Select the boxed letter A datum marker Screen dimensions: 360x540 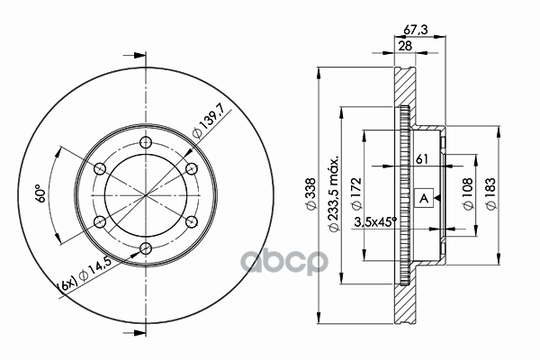tap(424, 197)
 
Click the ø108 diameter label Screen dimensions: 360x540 tap(468, 195)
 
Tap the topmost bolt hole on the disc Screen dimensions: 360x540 tap(145, 142)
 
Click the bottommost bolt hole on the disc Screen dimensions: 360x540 tap(145, 247)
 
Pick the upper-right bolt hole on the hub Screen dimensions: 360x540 tap(190, 168)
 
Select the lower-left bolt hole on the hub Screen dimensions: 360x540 tap(100, 221)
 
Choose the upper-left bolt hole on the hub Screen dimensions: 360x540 tap(100, 168)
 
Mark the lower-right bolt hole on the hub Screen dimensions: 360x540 tap(190, 221)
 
